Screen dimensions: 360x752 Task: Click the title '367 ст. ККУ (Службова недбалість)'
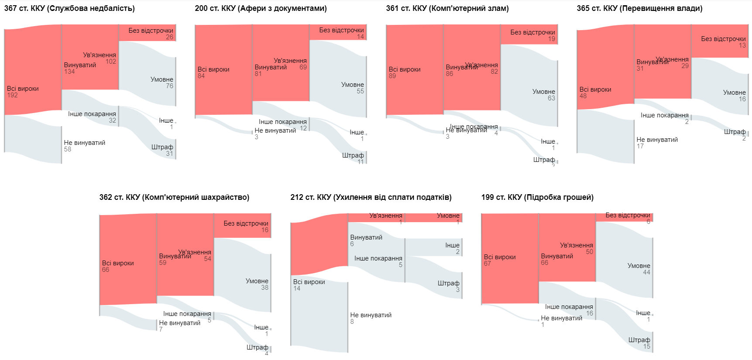pos(69,8)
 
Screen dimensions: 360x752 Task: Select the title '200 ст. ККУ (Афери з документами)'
pos(261,8)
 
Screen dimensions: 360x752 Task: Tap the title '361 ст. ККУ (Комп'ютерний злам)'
pos(447,8)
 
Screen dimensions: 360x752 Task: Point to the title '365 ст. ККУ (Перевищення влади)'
pos(639,8)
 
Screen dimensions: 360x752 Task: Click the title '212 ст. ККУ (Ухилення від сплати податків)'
pos(371,197)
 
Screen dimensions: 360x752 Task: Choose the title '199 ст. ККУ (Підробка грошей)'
pos(537,197)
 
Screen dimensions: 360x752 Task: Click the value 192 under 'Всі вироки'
pos(12,95)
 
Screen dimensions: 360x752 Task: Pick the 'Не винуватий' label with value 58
pos(85,143)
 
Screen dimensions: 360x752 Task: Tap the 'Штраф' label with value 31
pos(162,147)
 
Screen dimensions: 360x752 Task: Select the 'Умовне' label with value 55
pos(353,85)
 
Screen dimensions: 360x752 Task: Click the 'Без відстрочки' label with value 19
pos(532,32)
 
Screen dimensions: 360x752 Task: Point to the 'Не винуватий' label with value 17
pos(657,140)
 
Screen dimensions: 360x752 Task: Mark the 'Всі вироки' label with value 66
pos(118,263)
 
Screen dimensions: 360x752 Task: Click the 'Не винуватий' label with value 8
pos(371,315)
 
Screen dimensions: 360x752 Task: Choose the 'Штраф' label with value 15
pos(639,340)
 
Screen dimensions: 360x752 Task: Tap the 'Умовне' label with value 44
pos(639,266)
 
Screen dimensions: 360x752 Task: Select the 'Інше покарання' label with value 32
pos(92,114)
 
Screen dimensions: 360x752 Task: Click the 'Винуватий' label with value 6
pos(366,237)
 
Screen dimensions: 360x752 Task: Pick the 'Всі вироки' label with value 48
pos(595,89)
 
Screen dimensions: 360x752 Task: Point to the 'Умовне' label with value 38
pos(257,281)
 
